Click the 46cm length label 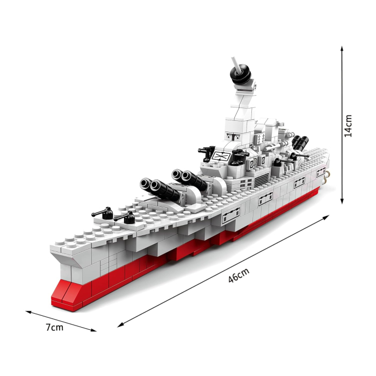pos(238,277)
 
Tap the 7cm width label pos(54,327)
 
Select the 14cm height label pos(349,126)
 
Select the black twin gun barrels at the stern pos(299,143)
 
